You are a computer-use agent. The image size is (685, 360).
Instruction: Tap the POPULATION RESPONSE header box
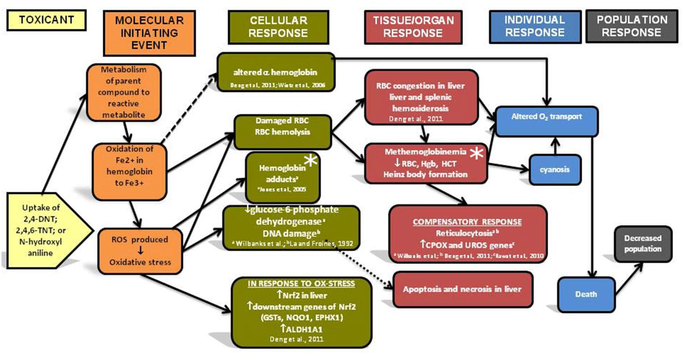click(x=632, y=26)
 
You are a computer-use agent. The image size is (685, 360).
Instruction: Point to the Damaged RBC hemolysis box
click(x=282, y=132)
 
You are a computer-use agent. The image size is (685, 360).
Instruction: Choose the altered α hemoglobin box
click(x=275, y=72)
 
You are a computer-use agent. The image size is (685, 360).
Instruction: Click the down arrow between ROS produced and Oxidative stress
click(x=140, y=250)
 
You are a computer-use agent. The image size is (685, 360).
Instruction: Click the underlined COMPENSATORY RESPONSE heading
click(x=467, y=222)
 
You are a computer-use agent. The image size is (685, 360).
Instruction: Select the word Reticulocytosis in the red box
click(x=464, y=233)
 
